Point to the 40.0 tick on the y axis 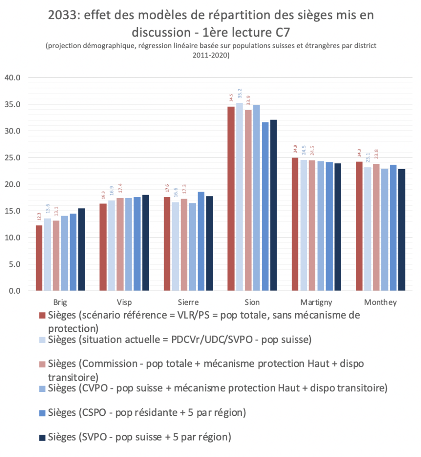[12, 78]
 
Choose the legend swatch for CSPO [42, 413]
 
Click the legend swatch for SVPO [42, 437]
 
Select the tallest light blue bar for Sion [240, 197]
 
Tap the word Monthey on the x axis [380, 302]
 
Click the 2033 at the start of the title [64, 16]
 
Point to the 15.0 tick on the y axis [12, 211]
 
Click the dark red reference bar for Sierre [167, 244]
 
